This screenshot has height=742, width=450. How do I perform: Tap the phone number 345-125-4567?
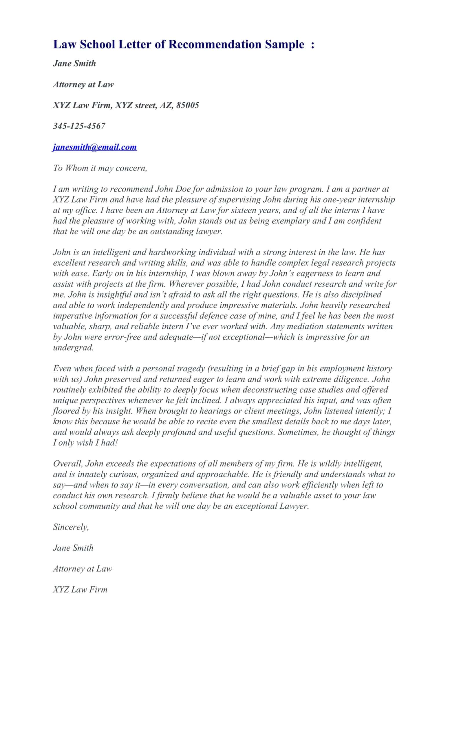pos(79,126)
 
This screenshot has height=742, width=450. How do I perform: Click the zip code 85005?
pos(188,105)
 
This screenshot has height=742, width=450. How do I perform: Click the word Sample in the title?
pos(284,45)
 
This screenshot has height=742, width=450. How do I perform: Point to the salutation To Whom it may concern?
pos(100,168)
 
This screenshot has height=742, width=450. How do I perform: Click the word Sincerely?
pos(71,527)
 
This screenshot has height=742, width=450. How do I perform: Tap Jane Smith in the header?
pos(74,63)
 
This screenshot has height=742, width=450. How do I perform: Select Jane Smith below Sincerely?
pos(73,548)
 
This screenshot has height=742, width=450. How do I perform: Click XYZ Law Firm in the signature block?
pos(80,589)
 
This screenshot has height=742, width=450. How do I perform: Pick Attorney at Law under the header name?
pos(83,84)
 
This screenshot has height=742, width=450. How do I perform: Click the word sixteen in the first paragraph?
pos(243,210)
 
